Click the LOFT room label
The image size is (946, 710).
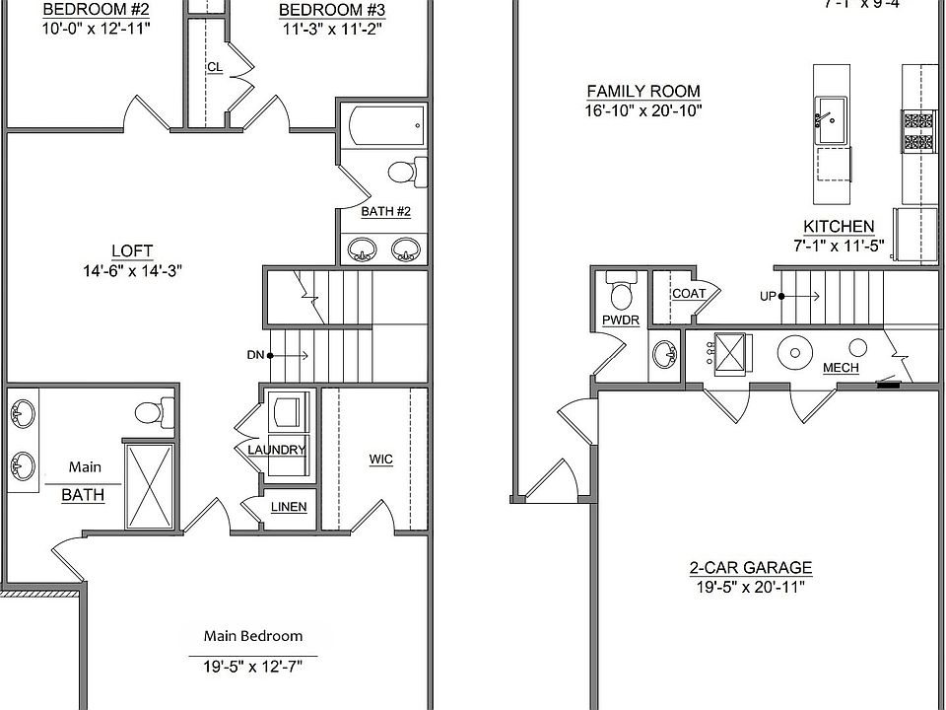pos(132,250)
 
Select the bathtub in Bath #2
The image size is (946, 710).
pos(384,125)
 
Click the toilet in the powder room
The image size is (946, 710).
pos(622,293)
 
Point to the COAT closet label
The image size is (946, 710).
pos(688,294)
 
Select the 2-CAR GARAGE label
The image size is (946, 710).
pos(750,567)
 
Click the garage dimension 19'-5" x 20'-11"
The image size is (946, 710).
pos(750,588)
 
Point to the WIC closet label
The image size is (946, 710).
pos(380,460)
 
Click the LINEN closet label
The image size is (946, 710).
pos(288,507)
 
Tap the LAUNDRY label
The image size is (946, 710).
pos(276,450)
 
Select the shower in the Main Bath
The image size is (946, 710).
pos(150,487)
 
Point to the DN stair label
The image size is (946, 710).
pos(255,355)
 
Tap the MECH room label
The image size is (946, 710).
pos(840,368)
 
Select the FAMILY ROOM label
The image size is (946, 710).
pos(630,92)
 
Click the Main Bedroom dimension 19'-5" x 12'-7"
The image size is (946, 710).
pos(253,667)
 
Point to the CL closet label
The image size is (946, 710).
pos(214,67)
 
